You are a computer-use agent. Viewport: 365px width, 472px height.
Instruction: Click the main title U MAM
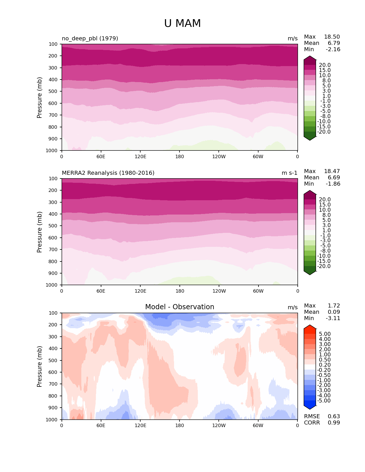pyautogui.click(x=182, y=23)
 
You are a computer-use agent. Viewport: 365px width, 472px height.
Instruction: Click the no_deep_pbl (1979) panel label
pyautogui.click(x=90, y=38)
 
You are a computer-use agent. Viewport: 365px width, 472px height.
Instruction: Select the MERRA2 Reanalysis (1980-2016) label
pyautogui.click(x=108, y=173)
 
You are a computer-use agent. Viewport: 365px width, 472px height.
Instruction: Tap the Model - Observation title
pyautogui.click(x=179, y=307)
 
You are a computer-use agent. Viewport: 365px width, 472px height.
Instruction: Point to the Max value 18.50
pyautogui.click(x=332, y=37)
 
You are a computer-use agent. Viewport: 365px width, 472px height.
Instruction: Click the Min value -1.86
pyautogui.click(x=333, y=184)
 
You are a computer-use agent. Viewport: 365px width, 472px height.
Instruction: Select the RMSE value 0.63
pyautogui.click(x=334, y=417)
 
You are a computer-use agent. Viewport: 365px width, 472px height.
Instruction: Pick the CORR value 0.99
pyautogui.click(x=334, y=423)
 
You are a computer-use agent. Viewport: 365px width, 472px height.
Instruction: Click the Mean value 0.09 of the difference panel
pyautogui.click(x=334, y=312)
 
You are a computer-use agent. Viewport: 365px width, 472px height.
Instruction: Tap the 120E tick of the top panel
pyautogui.click(x=140, y=157)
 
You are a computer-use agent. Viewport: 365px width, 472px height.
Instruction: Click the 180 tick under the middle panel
pyautogui.click(x=179, y=291)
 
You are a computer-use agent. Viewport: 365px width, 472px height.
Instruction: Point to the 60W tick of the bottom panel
pyautogui.click(x=258, y=426)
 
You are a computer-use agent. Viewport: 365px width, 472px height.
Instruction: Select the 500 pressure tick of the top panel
pyautogui.click(x=54, y=92)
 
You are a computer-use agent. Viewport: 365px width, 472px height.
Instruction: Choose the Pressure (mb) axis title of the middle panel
pyautogui.click(x=40, y=232)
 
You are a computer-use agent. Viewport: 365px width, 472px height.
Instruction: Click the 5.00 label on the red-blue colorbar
pyautogui.click(x=325, y=334)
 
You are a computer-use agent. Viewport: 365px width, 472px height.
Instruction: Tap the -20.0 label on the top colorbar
pyautogui.click(x=324, y=132)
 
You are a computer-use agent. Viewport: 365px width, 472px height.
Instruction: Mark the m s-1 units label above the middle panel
pyautogui.click(x=289, y=173)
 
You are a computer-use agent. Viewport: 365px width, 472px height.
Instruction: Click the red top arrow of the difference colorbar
pyautogui.click(x=310, y=328)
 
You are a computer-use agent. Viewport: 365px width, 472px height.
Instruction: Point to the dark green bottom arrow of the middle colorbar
pyautogui.click(x=310, y=272)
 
